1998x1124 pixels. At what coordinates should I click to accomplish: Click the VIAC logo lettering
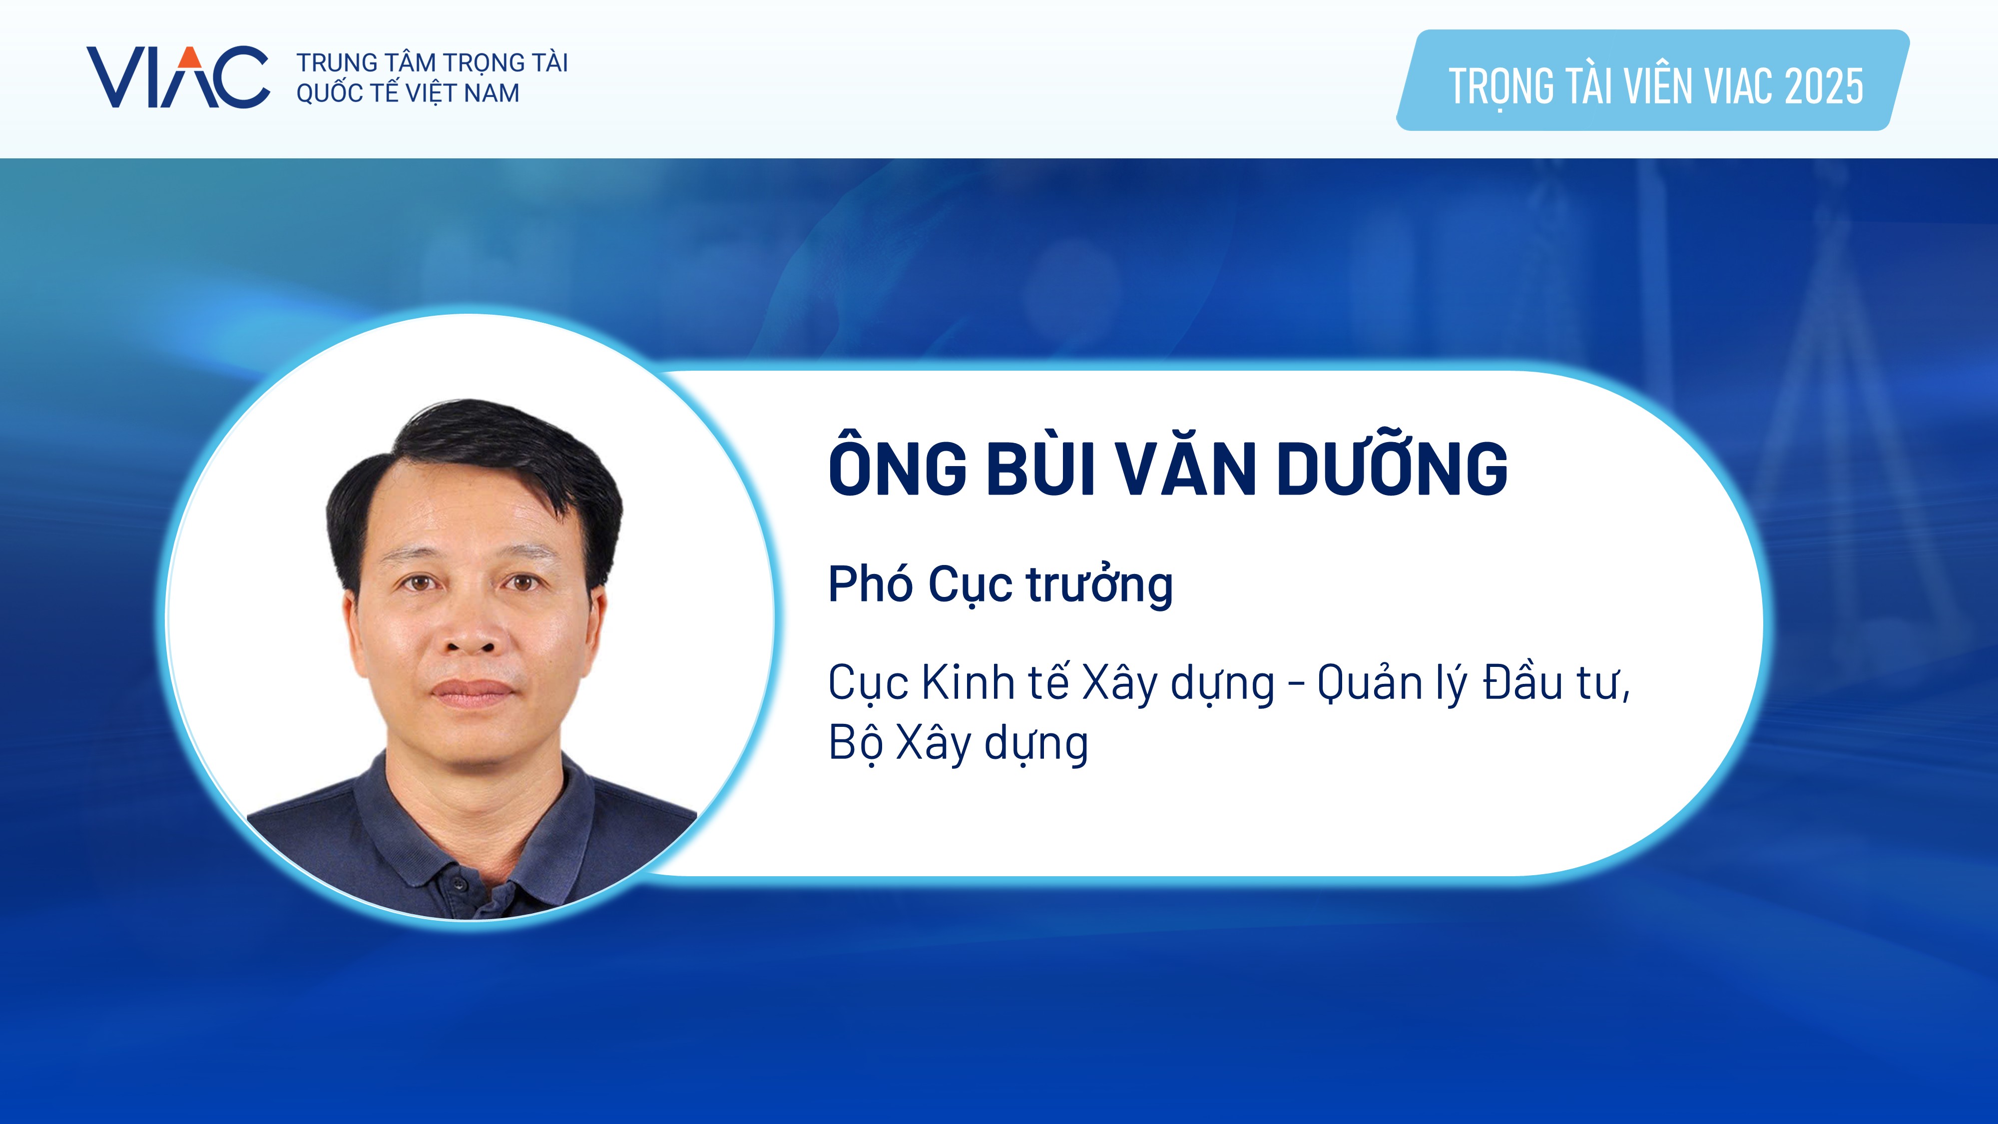click(x=178, y=77)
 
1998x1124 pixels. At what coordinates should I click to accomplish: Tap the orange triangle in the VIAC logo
click(x=189, y=56)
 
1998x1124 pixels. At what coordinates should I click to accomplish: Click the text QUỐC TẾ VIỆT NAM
click(x=408, y=93)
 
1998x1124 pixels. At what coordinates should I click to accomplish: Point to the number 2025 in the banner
click(x=1824, y=85)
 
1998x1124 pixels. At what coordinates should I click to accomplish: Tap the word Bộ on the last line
click(x=856, y=743)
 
